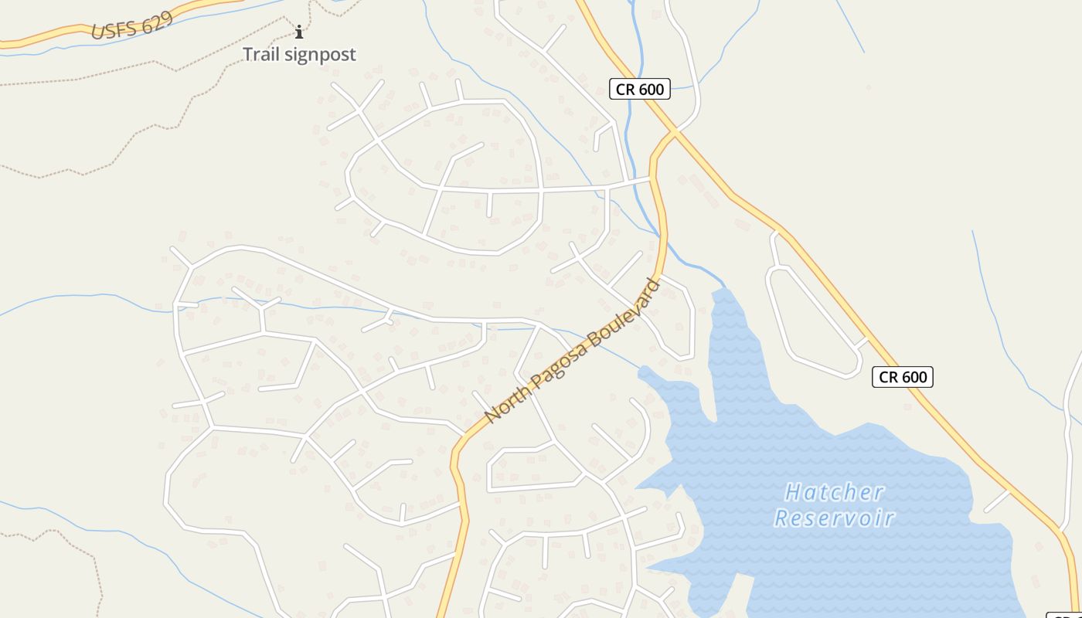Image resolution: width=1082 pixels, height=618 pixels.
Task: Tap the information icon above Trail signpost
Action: coord(299,32)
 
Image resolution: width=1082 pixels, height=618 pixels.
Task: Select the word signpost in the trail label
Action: coord(321,55)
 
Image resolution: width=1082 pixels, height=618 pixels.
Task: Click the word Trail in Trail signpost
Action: coord(261,54)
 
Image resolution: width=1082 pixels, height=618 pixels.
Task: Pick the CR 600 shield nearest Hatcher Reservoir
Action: coord(902,377)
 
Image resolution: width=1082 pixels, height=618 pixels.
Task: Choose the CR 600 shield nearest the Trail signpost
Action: coord(639,89)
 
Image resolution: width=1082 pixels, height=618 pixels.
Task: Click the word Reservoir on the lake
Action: coord(834,518)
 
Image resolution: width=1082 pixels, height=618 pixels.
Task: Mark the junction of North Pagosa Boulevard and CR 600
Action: coord(675,133)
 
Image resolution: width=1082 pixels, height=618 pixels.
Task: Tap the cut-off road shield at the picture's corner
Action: coord(1067,615)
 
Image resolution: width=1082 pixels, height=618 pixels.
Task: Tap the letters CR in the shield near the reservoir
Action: coord(889,377)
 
